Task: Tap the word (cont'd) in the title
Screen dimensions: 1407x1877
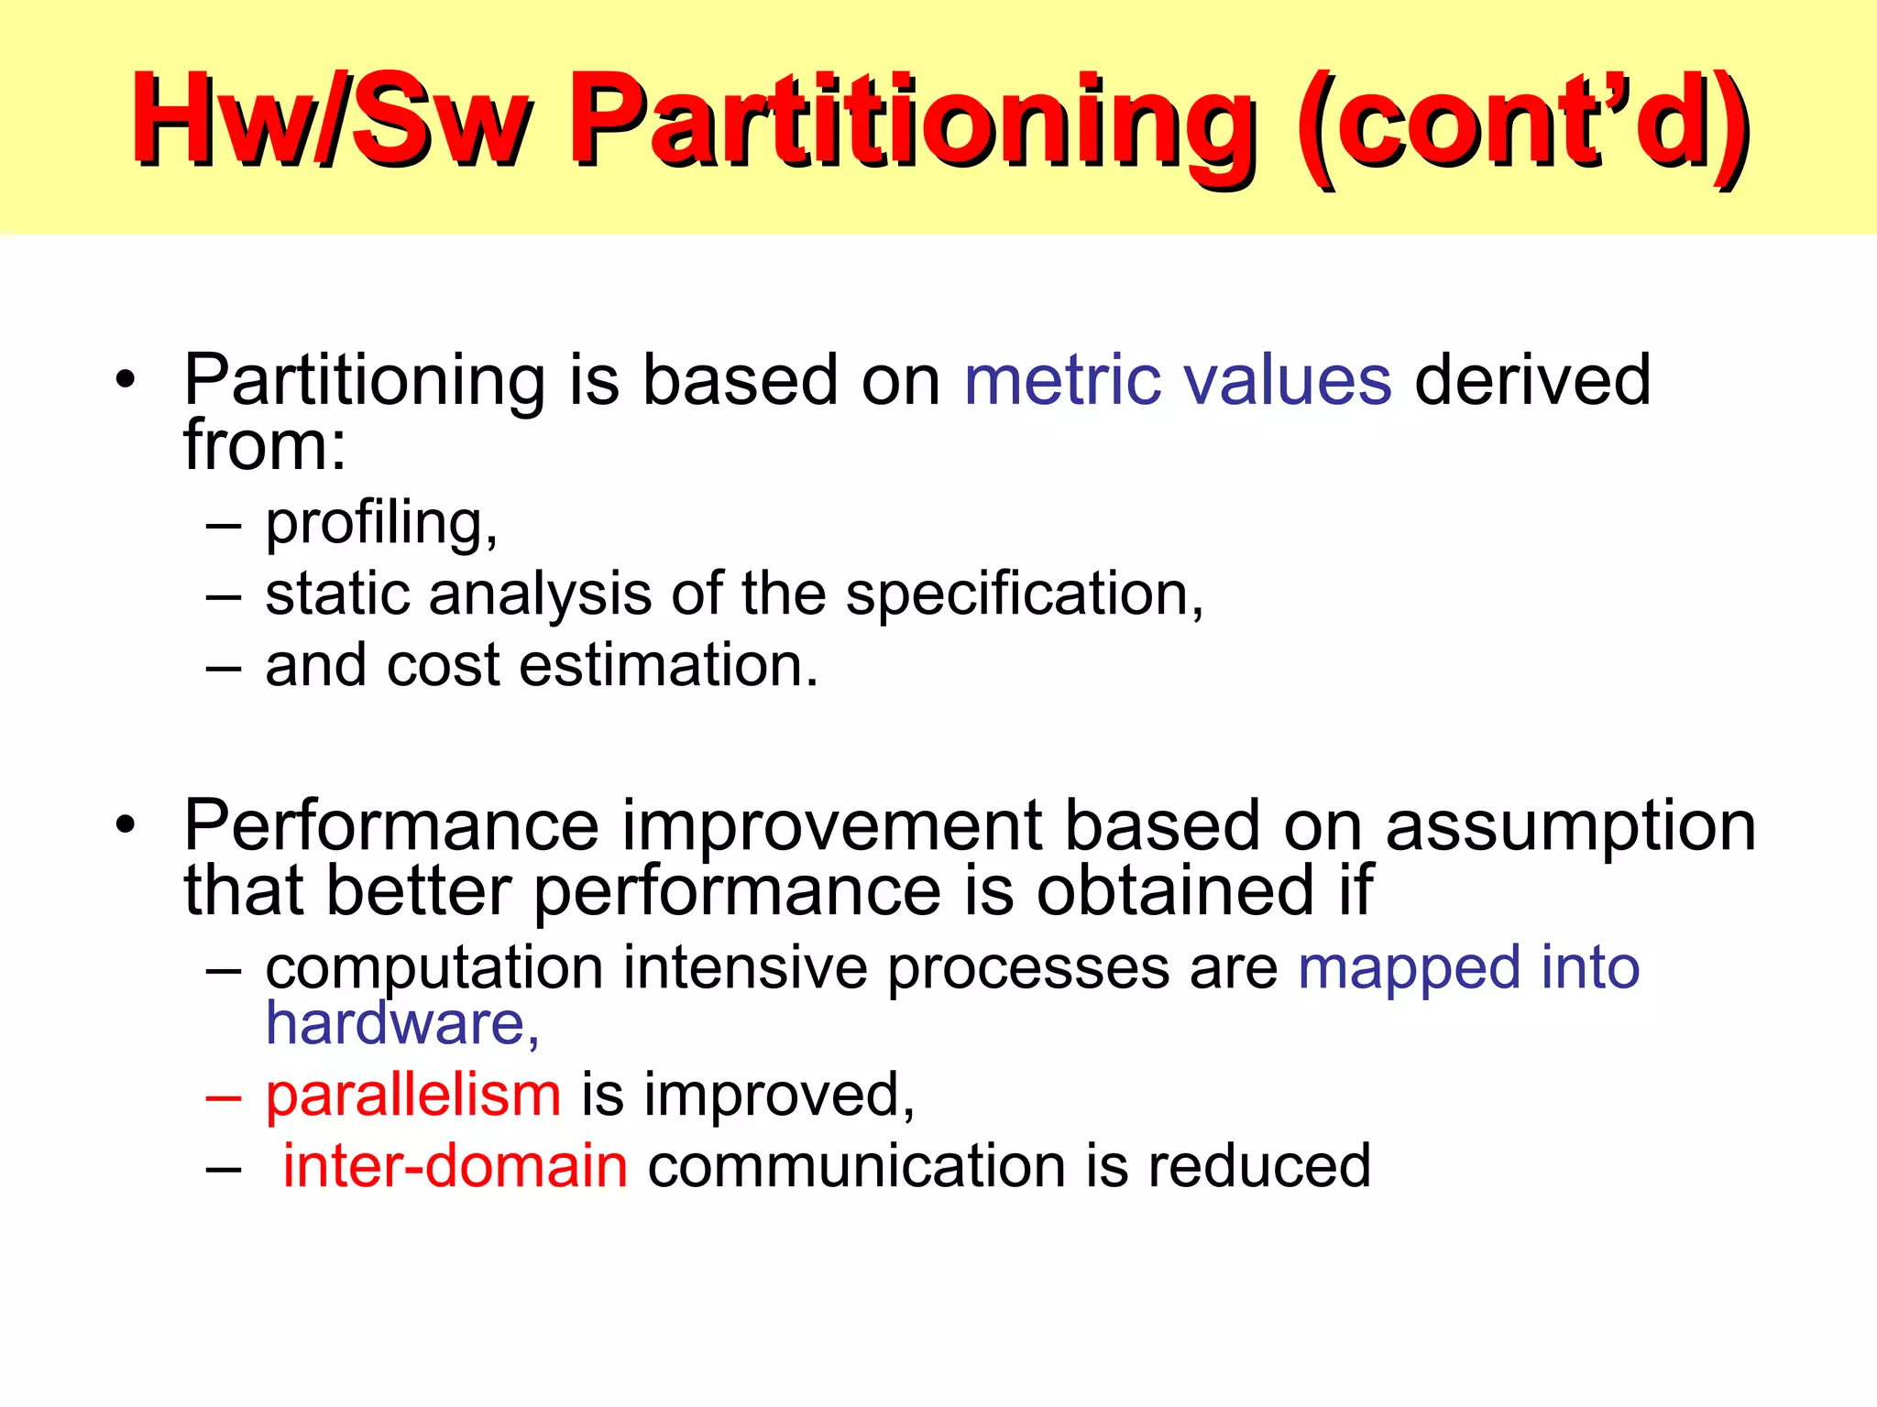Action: tap(1521, 124)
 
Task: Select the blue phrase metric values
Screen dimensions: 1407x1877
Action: tap(1178, 380)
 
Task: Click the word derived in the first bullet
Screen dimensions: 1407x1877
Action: tap(1532, 380)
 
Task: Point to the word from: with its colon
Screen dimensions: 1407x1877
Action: tap(265, 446)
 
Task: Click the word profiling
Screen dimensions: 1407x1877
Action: tap(381, 524)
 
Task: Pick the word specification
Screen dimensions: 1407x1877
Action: tap(1024, 595)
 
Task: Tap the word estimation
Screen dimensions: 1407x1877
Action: tap(668, 666)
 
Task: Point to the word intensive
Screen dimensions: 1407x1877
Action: tap(744, 968)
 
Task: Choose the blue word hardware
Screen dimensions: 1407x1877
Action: tap(401, 1023)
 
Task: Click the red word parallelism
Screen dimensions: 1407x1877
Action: tap(413, 1096)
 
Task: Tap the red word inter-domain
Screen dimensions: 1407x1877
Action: tap(455, 1167)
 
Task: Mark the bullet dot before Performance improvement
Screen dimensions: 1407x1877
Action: tap(126, 825)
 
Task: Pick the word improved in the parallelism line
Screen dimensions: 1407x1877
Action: tap(778, 1096)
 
